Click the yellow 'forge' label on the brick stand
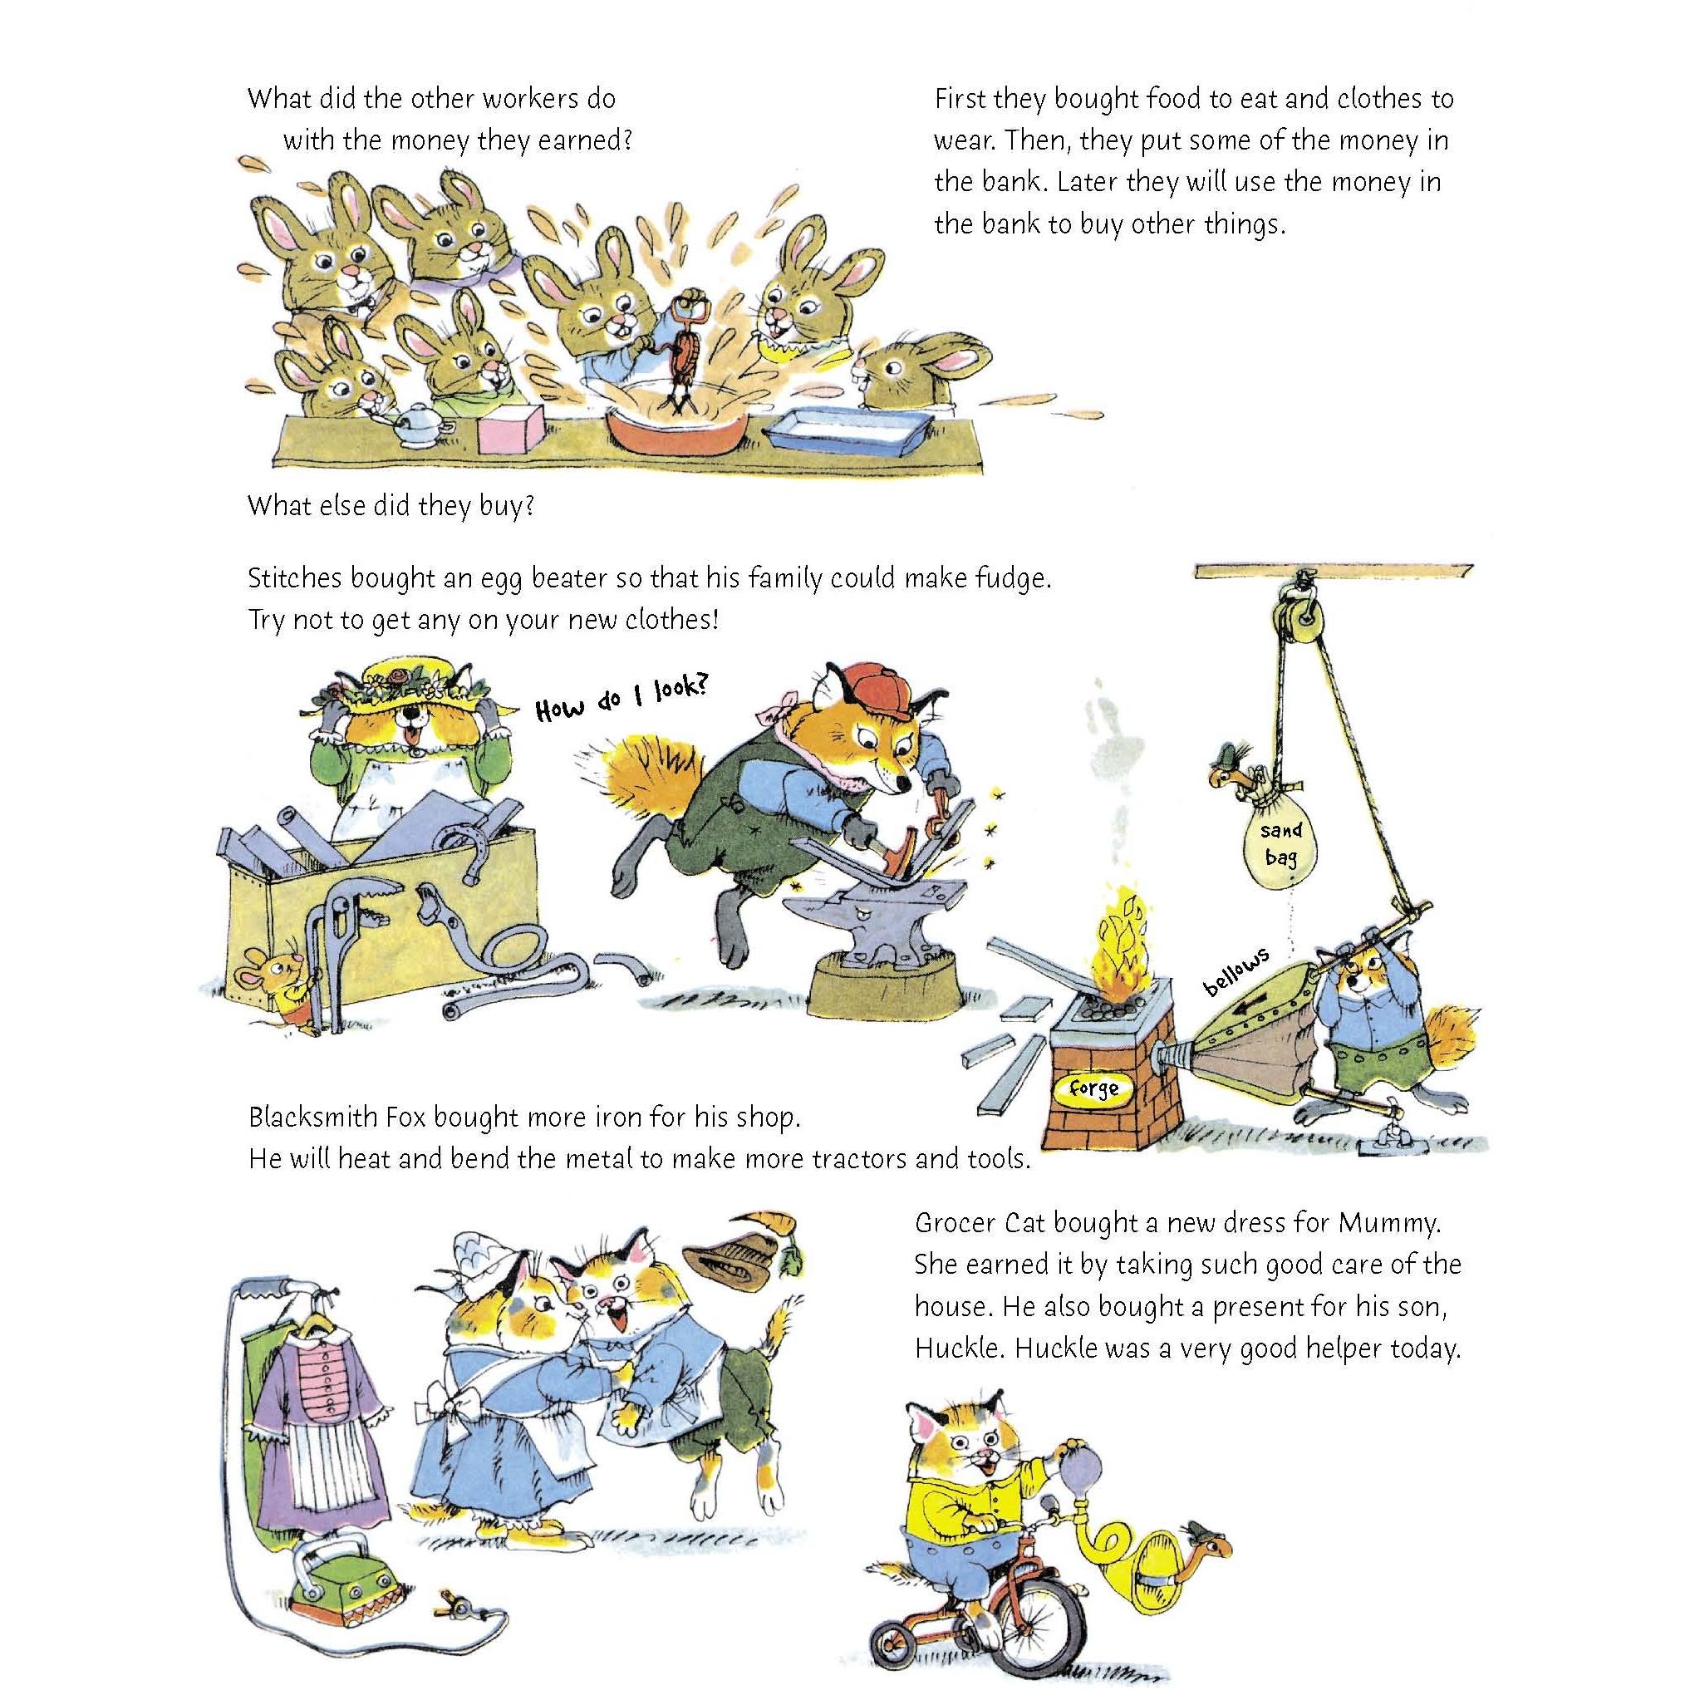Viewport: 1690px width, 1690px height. tap(1094, 1088)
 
